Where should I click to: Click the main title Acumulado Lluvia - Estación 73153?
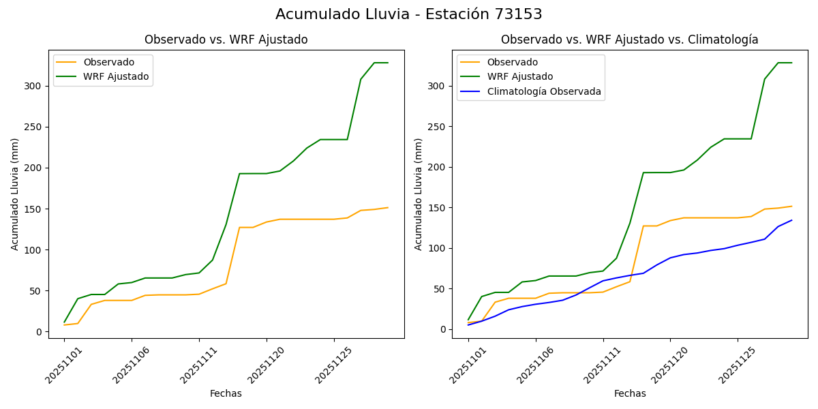409,14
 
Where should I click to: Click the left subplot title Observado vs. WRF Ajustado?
226,40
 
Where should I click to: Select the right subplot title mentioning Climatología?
629,40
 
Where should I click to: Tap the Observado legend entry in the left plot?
108,62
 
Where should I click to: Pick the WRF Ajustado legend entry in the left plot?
116,76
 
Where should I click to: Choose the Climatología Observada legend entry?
544,91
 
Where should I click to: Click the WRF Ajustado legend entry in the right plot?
519,76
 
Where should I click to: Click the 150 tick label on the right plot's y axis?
438,208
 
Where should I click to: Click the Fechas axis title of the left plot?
226,393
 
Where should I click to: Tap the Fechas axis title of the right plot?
630,393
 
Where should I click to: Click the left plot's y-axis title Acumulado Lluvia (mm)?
15,194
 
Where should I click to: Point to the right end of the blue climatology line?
791,220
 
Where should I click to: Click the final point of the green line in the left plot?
388,63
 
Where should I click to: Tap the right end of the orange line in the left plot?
388,207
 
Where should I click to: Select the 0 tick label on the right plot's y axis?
443,329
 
